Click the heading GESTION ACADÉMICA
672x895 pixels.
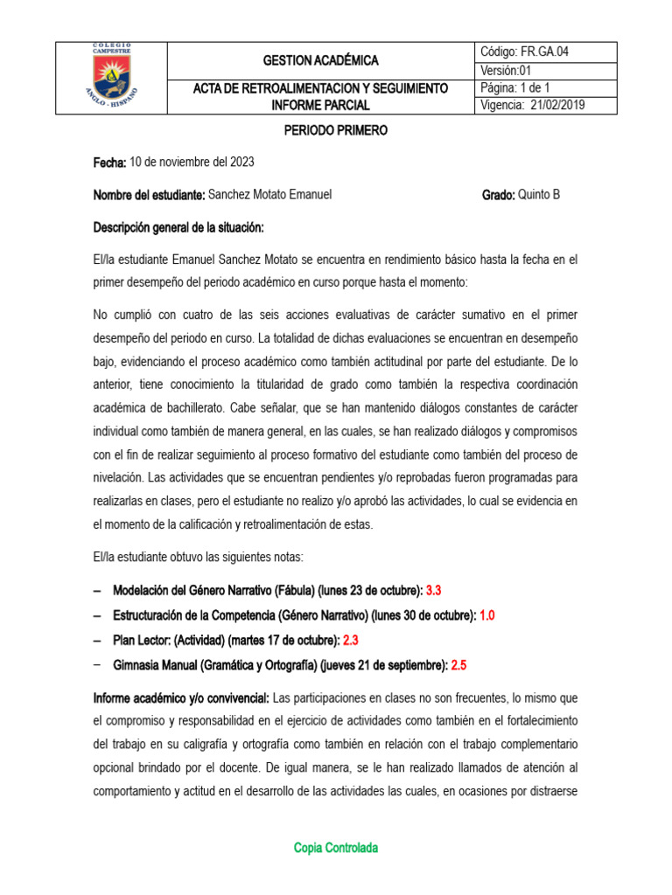coord(321,60)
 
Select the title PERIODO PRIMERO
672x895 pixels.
coord(335,130)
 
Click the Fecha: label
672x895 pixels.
coord(110,163)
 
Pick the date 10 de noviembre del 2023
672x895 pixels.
coord(192,163)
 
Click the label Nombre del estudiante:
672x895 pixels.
coord(149,195)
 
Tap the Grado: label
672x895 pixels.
coord(498,195)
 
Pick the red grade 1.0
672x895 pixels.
coord(486,615)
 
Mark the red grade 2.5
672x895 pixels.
coord(458,665)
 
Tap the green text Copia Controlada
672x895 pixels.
coord(335,848)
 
